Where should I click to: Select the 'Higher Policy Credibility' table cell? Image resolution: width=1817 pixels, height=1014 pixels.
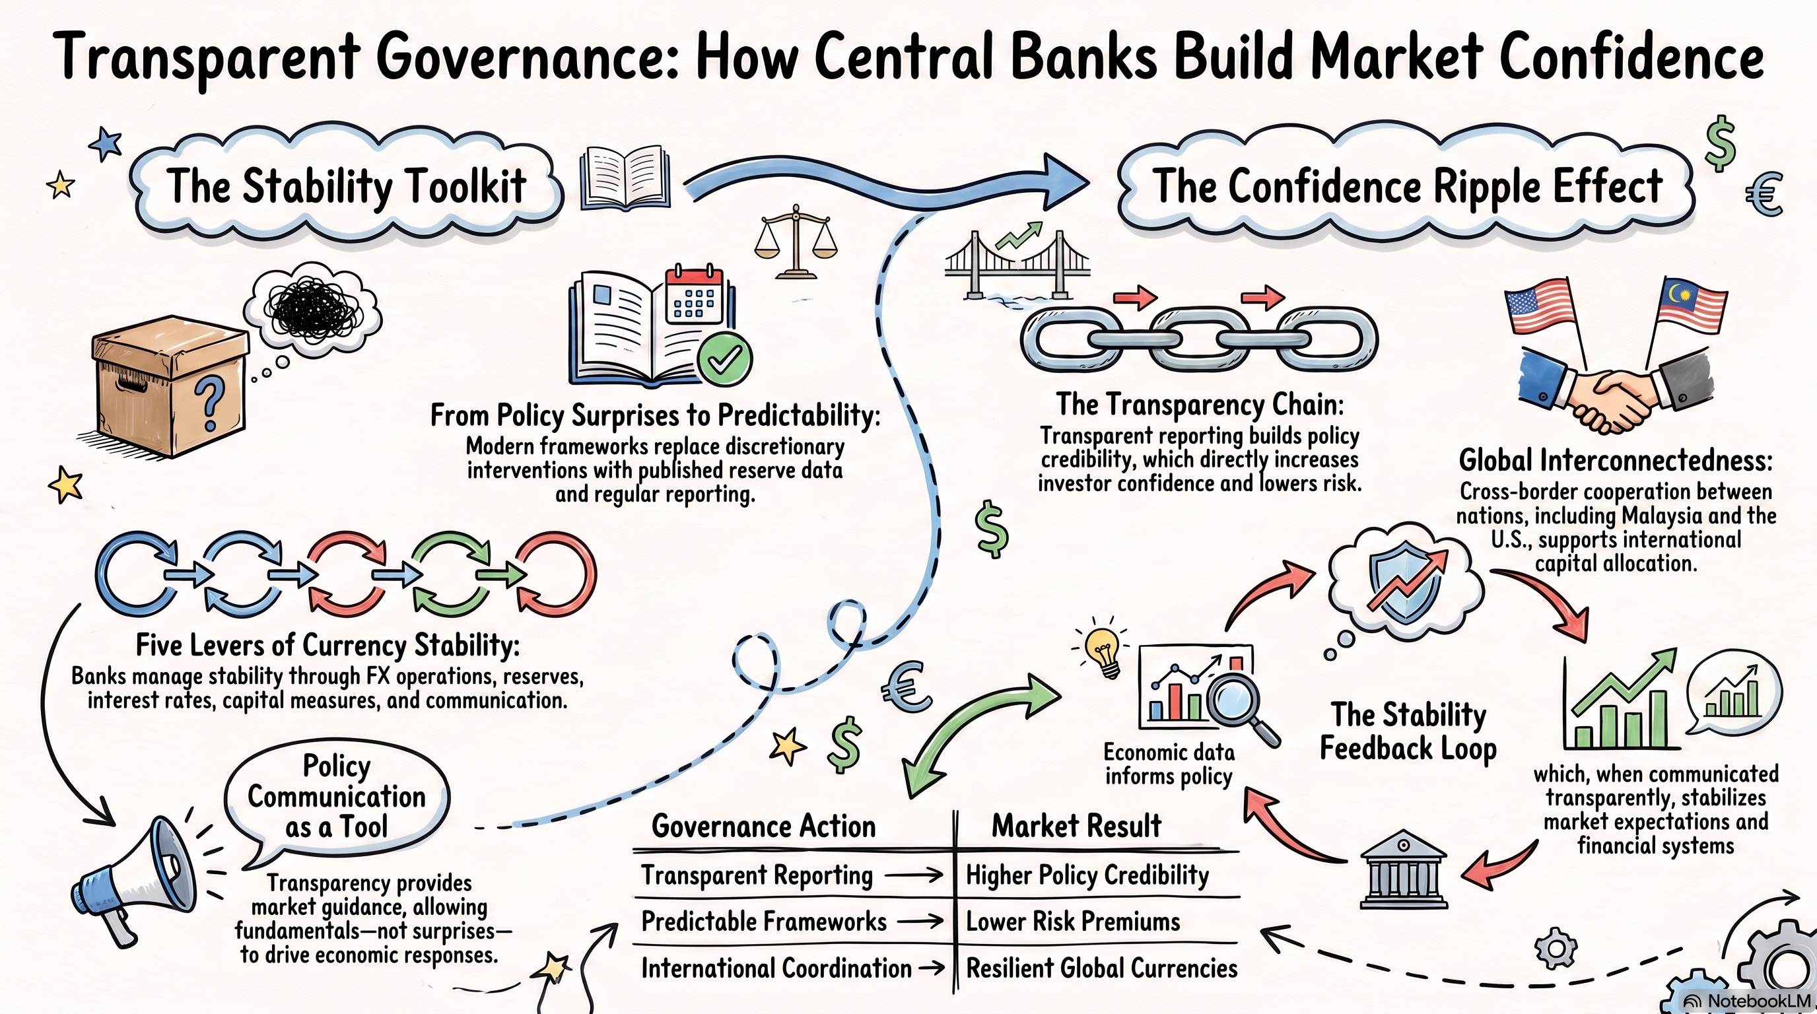tap(1087, 875)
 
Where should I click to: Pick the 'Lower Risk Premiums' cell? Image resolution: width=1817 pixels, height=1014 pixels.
tap(1073, 921)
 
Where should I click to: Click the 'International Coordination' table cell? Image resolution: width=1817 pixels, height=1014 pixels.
tap(776, 968)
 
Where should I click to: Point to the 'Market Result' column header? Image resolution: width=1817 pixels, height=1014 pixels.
tap(1076, 826)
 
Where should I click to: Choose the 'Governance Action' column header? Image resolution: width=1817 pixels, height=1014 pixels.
tap(764, 826)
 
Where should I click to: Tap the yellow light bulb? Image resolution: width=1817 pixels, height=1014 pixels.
tap(1103, 650)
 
